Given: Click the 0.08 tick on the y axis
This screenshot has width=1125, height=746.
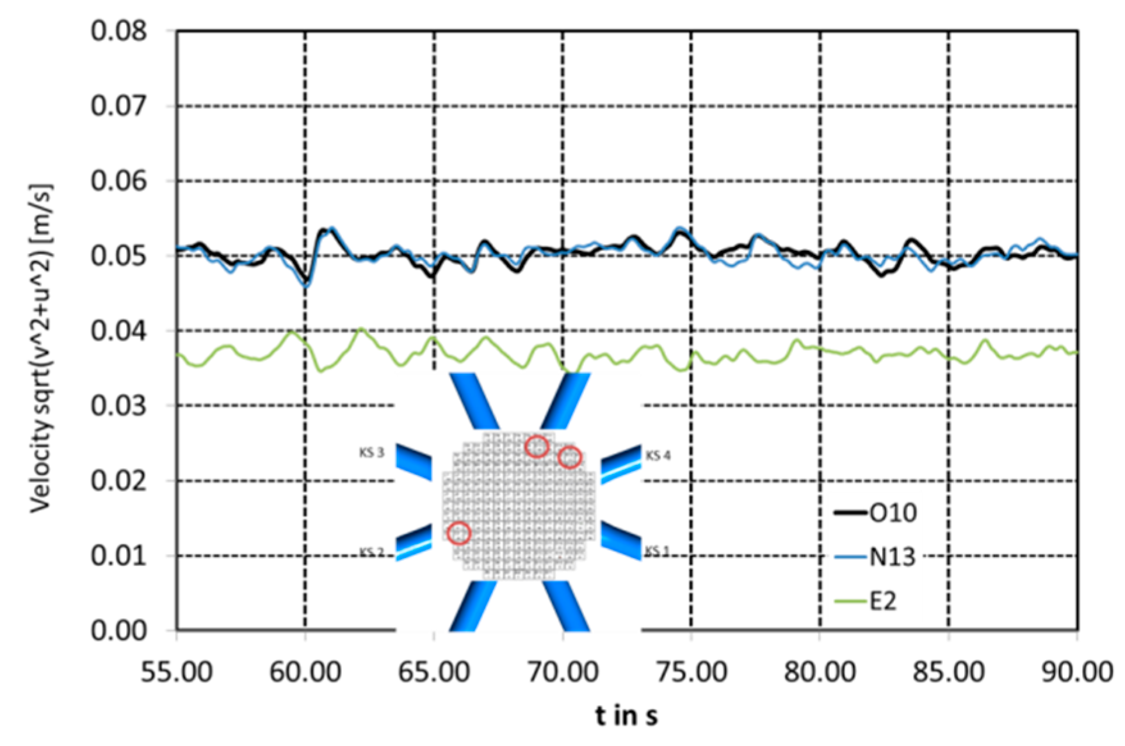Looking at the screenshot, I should click(118, 31).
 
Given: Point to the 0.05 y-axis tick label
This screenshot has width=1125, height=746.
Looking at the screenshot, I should click(118, 256).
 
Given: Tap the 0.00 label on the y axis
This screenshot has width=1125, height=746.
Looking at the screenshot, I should click(118, 631).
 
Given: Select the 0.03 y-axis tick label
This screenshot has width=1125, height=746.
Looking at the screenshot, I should click(118, 406).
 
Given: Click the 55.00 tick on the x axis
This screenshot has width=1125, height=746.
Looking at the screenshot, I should click(177, 673).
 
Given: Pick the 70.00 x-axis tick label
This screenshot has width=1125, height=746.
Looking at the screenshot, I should click(563, 673).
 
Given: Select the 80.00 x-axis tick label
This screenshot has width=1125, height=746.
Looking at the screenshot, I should click(820, 673).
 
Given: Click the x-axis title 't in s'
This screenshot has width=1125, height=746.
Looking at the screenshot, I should click(626, 716).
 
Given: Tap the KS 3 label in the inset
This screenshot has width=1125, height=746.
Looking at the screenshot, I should click(371, 453).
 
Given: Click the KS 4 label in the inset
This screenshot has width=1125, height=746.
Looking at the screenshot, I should click(658, 456).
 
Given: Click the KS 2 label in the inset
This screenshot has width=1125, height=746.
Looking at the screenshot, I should click(371, 552).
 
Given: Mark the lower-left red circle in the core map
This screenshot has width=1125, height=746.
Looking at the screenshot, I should click(459, 533).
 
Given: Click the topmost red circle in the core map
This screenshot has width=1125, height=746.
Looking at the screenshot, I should click(537, 446).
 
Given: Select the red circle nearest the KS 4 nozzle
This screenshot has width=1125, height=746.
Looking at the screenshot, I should click(570, 457).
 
